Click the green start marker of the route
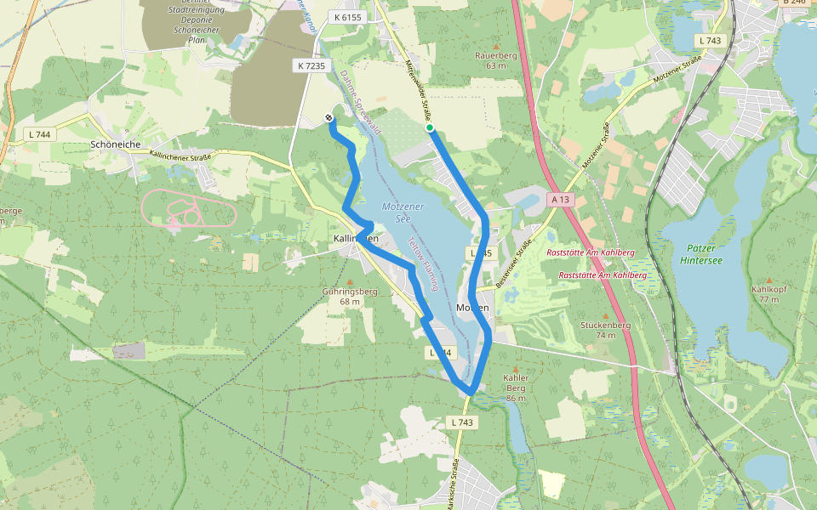(x=430, y=128)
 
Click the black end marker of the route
(x=329, y=117)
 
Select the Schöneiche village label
(x=115, y=144)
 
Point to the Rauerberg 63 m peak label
(x=495, y=60)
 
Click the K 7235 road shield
(x=311, y=65)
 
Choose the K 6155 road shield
(x=348, y=17)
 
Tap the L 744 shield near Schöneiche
(x=39, y=134)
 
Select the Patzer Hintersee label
(x=703, y=254)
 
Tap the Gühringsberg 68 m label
(x=350, y=296)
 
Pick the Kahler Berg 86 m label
(x=517, y=388)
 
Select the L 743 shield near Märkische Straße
(x=460, y=422)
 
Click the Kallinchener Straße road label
(x=180, y=156)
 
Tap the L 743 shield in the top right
(x=709, y=40)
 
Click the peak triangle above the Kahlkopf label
(x=770, y=280)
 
